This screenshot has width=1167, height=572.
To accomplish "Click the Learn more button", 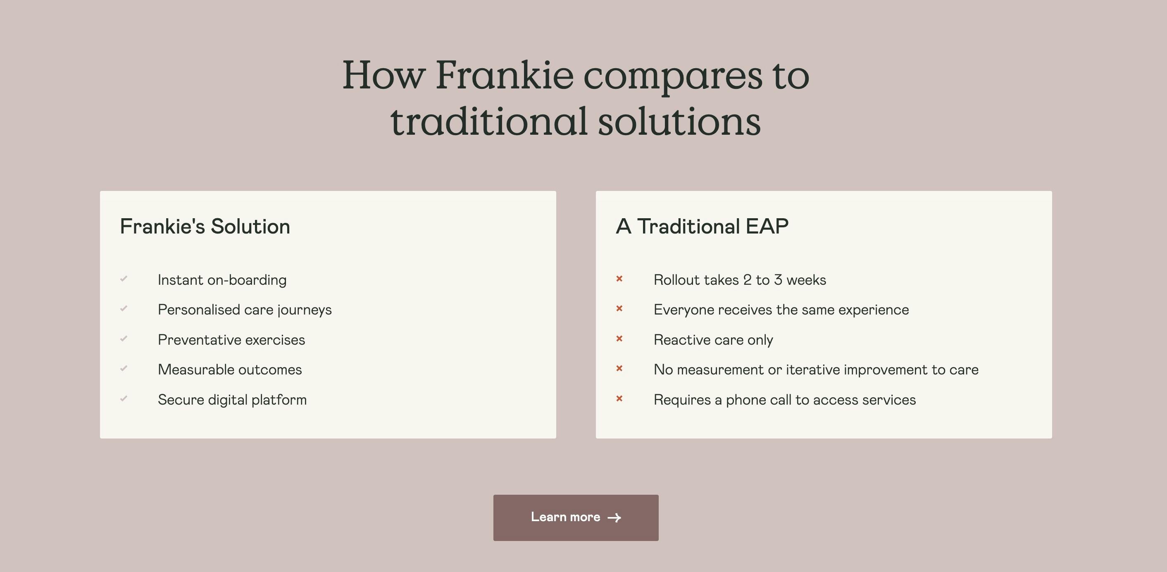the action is pos(576,517).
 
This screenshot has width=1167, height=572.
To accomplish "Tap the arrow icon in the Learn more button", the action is pos(614,517).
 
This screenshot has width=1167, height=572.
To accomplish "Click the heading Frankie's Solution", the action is pos(205,226).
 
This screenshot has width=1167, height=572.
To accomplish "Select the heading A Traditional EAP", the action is pos(702,226).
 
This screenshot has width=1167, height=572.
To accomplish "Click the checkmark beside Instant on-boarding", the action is pos(124,279).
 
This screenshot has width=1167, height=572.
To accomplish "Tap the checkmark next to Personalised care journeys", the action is pos(124,309).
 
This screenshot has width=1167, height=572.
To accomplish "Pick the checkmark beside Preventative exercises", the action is pos(124,338).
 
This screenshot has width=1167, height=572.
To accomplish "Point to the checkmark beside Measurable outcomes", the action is pos(124,369).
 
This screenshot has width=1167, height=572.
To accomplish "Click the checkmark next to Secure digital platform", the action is pos(124,398).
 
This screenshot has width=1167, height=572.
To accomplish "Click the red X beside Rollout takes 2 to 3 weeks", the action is pos(619,279).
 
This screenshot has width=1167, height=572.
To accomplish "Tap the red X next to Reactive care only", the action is pos(619,338).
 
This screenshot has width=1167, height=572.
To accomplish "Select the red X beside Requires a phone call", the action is pos(619,398).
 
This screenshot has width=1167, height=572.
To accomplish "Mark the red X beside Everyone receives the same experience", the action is pos(619,309).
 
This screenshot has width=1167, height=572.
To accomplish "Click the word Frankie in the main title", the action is pos(505,75).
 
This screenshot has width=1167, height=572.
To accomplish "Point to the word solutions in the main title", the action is pos(679,122).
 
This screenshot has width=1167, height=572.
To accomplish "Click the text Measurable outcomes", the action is pos(230,369).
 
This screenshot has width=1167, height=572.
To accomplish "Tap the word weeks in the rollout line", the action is pos(806,280).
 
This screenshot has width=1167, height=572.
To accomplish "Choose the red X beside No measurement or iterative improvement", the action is pos(619,369).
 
